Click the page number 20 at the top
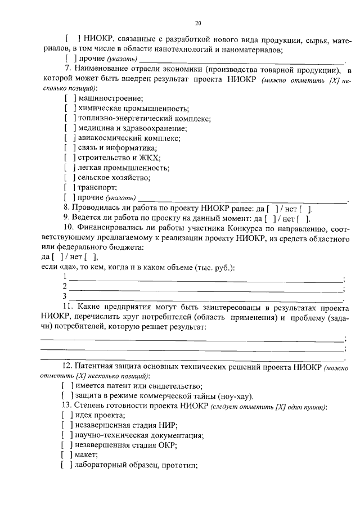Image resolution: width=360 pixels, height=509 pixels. tap(198, 23)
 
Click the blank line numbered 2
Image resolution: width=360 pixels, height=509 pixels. tap(205, 287)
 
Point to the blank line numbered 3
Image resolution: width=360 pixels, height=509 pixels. tap(205, 297)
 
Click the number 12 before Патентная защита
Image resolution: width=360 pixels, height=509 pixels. tap(67, 366)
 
